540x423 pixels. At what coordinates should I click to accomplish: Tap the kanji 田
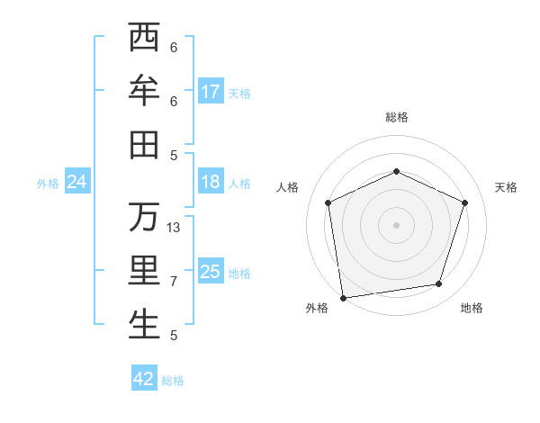(144, 145)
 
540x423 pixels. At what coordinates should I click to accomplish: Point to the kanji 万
(144, 217)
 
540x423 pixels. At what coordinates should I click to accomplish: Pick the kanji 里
(144, 271)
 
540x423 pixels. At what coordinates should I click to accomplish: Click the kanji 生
(144, 325)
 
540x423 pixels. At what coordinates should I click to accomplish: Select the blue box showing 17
(211, 92)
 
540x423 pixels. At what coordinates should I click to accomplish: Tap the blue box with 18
(211, 182)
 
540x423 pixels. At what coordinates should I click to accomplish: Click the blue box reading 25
(211, 272)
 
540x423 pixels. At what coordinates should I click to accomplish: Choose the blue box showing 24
(77, 183)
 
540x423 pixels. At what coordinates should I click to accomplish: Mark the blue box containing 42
(144, 379)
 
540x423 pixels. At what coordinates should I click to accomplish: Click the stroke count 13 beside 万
(174, 228)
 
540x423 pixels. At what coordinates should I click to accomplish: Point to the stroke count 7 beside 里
(174, 282)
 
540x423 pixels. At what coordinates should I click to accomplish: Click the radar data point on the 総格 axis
(396, 171)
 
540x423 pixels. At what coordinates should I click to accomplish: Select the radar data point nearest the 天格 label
(465, 202)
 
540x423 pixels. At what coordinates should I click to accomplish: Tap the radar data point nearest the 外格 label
(343, 297)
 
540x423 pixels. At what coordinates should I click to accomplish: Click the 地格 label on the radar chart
(472, 309)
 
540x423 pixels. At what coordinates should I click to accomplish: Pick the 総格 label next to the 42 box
(173, 381)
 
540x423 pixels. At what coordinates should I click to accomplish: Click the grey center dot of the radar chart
(396, 224)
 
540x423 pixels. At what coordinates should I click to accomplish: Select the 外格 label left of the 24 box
(48, 184)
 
